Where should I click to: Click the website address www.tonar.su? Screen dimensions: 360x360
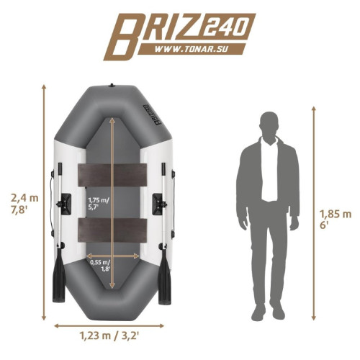[x=191, y=50]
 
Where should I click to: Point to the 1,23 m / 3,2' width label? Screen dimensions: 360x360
[x=109, y=336]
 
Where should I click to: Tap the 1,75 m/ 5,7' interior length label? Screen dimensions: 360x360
[x=99, y=204]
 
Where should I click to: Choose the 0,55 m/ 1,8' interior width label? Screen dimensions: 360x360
[x=100, y=266]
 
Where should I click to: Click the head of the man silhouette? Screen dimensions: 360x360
[x=269, y=124]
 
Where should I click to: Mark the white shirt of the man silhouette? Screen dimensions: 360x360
[x=270, y=171]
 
